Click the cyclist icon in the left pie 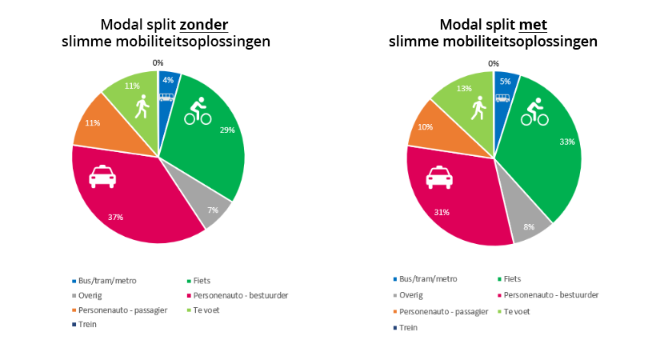pos(198,112)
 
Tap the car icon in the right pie pos(438,177)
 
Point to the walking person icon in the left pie pos(142,106)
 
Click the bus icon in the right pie pos(502,98)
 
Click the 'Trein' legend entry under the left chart pos(89,324)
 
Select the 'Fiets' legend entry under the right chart pos(513,278)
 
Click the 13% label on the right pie pos(463,89)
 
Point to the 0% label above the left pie pos(158,62)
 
